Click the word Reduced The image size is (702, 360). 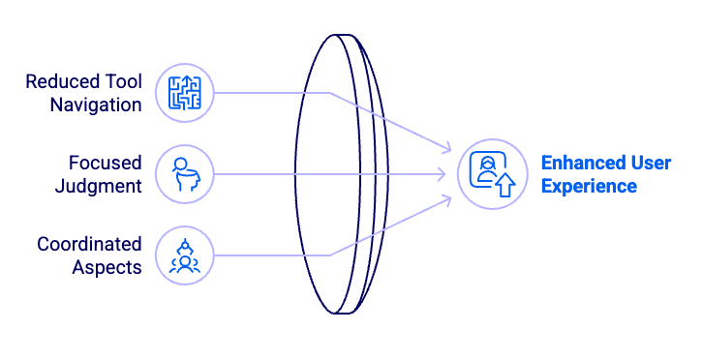click(x=63, y=81)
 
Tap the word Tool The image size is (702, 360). click(x=124, y=81)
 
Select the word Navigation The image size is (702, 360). click(x=96, y=105)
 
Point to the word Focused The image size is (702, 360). click(x=106, y=163)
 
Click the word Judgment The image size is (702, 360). click(x=99, y=187)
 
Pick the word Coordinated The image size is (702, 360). click(x=89, y=244)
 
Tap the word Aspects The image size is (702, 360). click(x=107, y=268)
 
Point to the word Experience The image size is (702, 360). click(x=589, y=187)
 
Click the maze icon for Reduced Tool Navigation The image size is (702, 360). click(x=184, y=93)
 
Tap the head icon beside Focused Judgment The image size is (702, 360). click(x=185, y=174)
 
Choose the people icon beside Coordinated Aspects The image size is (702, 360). click(x=184, y=255)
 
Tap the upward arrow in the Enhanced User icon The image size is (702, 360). click(x=505, y=186)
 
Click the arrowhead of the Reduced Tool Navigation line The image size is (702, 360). click(x=447, y=148)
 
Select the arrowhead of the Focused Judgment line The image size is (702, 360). click(x=442, y=174)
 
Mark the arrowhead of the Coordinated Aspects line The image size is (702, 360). click(x=447, y=200)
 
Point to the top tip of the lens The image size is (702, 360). click(x=340, y=35)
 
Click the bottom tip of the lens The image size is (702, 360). click(x=340, y=314)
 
